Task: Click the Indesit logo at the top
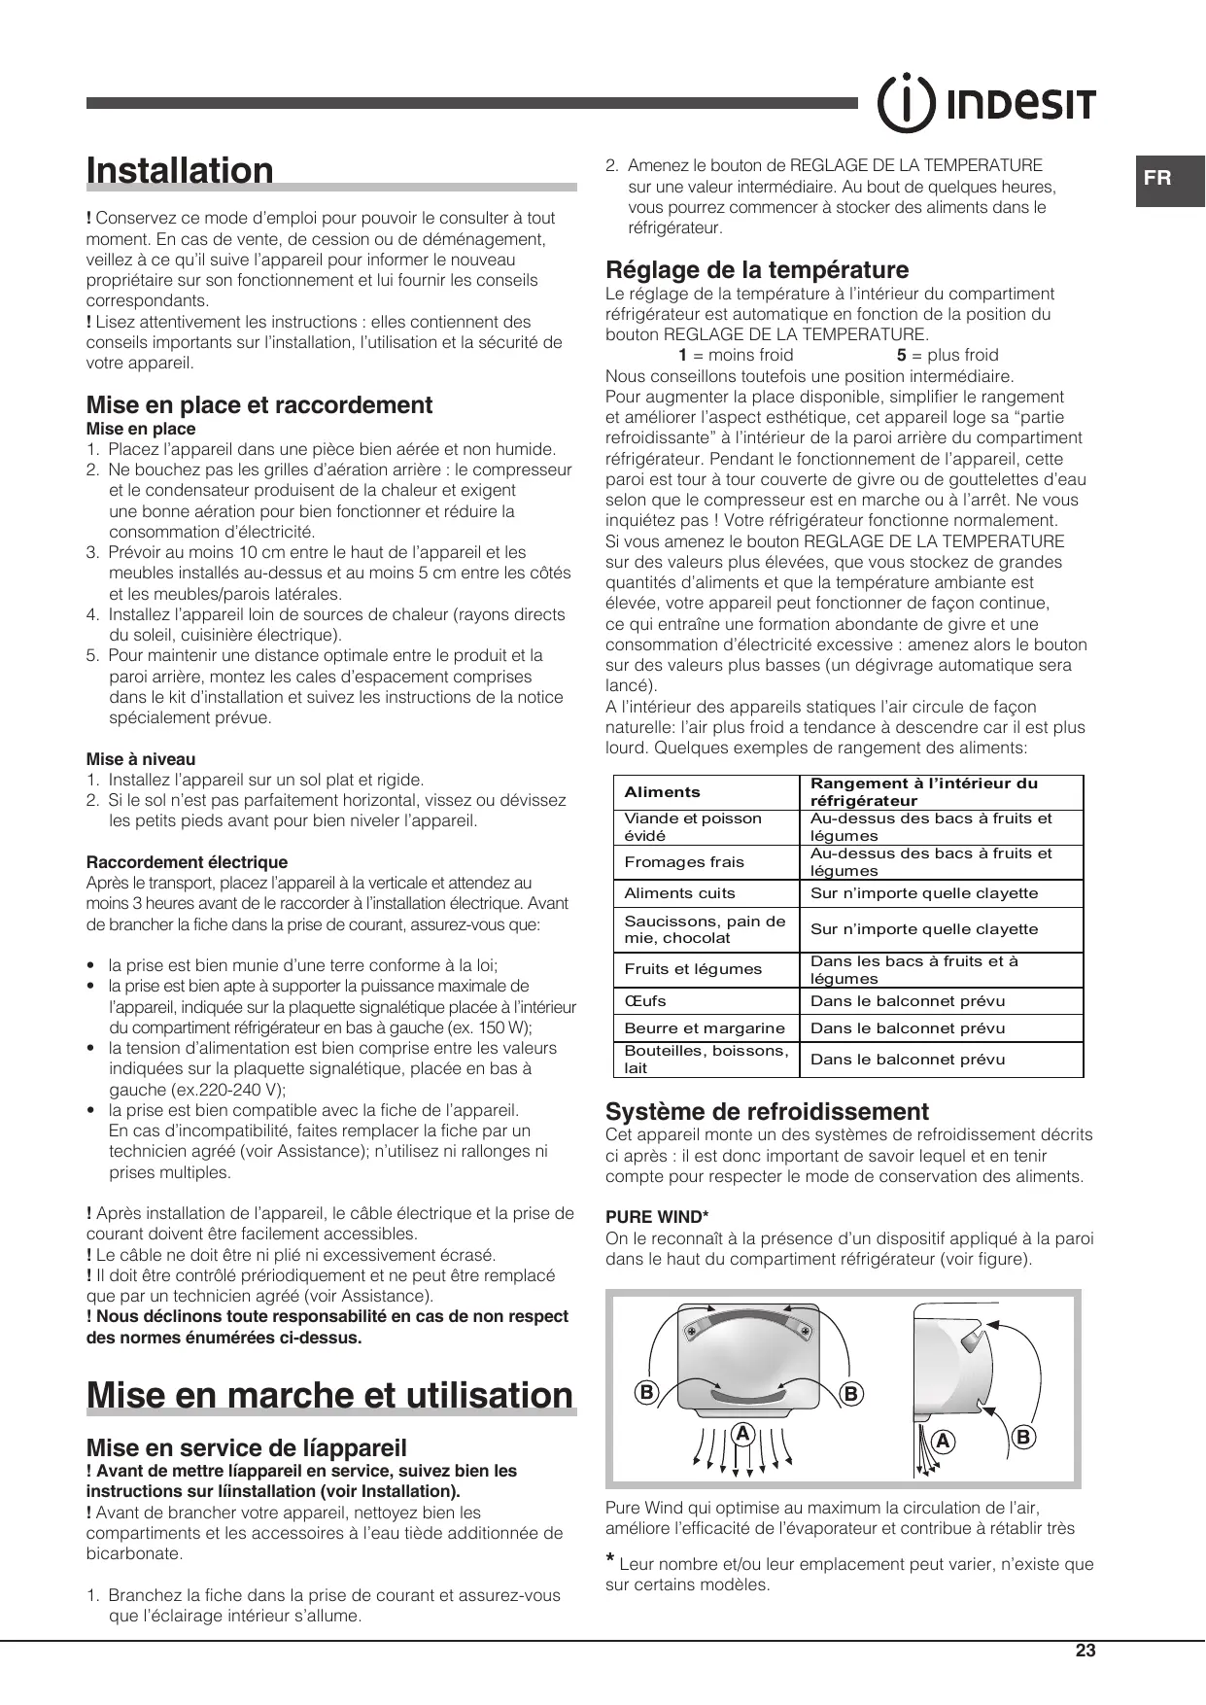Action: [986, 103]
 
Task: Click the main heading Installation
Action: [181, 170]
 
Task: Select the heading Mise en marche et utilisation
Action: [330, 1395]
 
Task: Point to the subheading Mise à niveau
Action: [141, 759]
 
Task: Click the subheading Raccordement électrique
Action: [187, 862]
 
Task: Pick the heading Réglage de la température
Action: [757, 269]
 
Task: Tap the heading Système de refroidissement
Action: [767, 1111]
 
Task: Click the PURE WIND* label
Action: [657, 1216]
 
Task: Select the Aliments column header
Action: [662, 792]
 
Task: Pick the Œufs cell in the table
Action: [645, 1001]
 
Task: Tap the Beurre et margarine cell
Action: [705, 1028]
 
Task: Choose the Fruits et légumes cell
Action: [679, 969]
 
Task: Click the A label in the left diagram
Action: [743, 1433]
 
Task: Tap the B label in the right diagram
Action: [1024, 1437]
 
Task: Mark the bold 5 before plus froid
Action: [902, 355]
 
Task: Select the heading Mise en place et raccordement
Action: [259, 405]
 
